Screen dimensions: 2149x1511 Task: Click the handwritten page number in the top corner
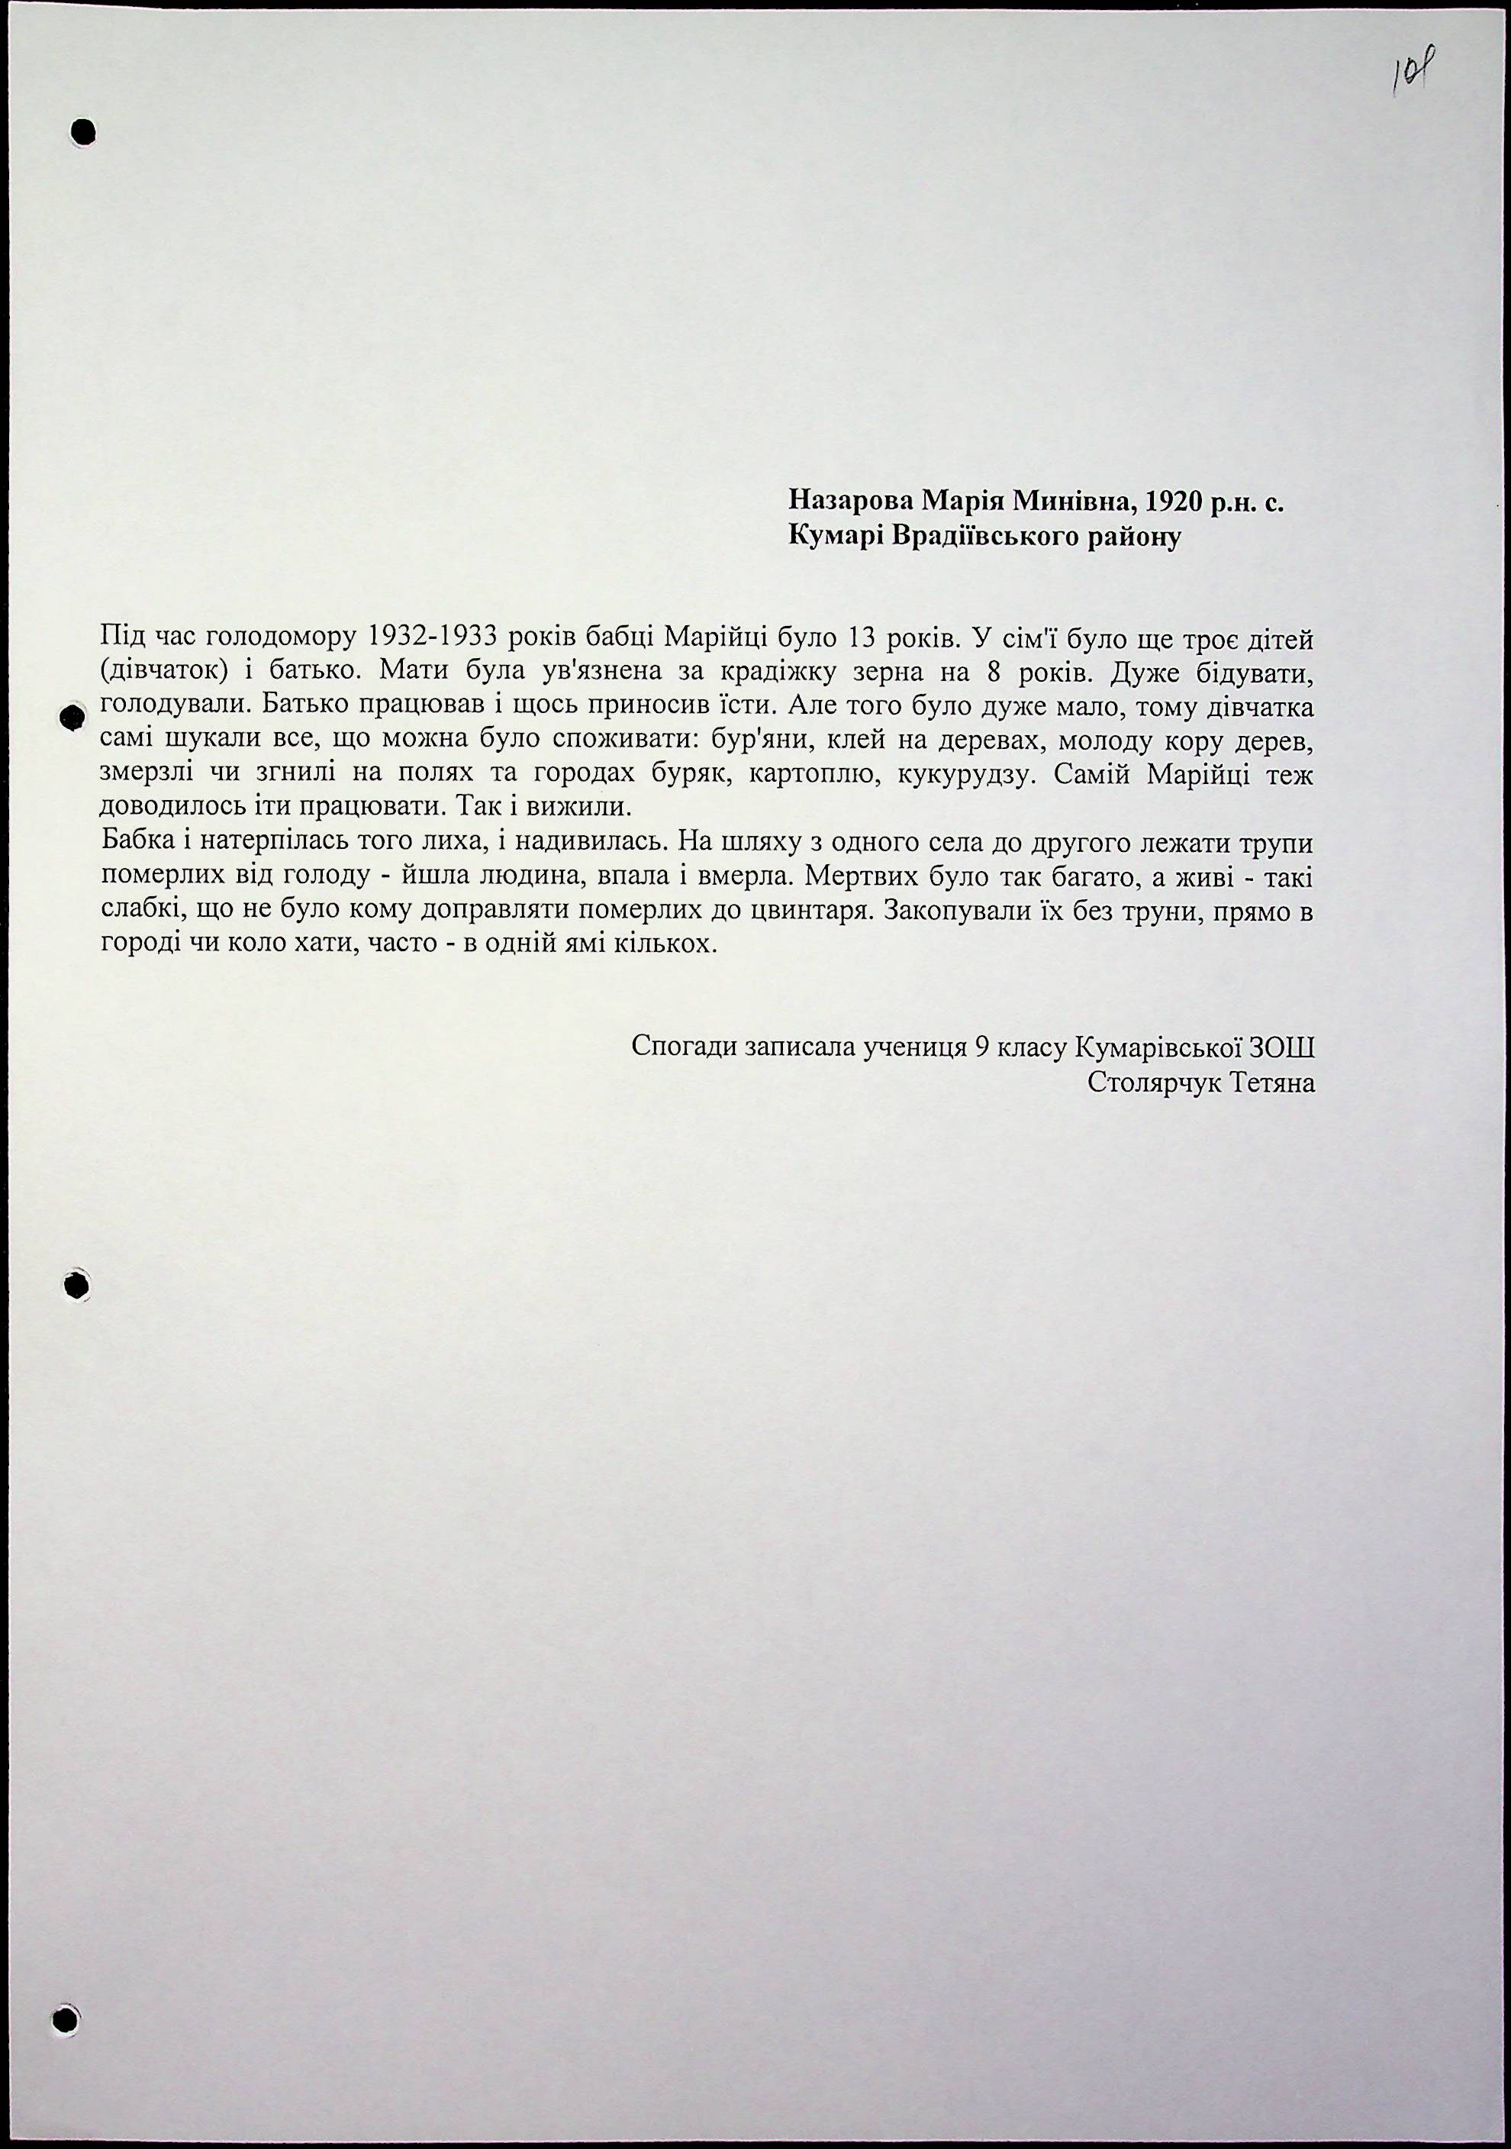coord(1416,70)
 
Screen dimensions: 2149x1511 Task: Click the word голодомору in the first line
coord(277,638)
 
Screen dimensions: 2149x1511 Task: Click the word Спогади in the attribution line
coord(683,1047)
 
